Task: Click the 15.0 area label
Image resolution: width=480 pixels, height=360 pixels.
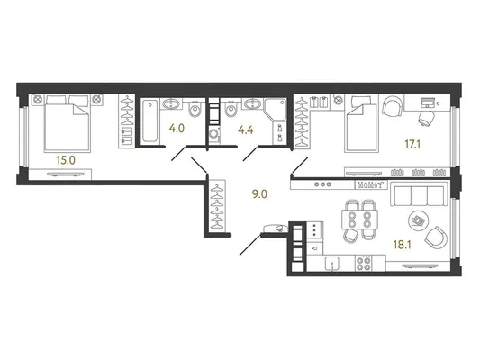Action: pos(66,159)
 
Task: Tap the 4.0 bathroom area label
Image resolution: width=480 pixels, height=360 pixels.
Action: pos(177,128)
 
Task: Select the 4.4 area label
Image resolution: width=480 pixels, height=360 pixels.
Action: pos(246,130)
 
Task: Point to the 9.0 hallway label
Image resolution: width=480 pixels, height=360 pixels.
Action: pos(259,193)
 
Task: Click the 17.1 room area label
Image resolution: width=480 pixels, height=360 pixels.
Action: pos(412,144)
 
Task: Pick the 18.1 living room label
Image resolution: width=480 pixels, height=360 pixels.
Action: pos(403,245)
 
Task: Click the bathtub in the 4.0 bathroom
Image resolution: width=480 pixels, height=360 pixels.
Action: pos(150,121)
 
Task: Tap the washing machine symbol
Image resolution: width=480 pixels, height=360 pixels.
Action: pos(214,135)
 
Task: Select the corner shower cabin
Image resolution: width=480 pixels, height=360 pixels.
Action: pos(276,110)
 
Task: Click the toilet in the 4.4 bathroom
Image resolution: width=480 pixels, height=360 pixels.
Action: pos(231,110)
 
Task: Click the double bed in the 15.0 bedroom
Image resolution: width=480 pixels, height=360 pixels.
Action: pos(68,123)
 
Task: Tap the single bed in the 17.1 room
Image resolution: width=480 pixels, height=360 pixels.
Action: pos(361,123)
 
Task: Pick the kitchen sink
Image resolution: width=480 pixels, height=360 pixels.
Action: pos(332,264)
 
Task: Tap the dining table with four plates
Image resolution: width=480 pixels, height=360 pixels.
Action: pos(359,220)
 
